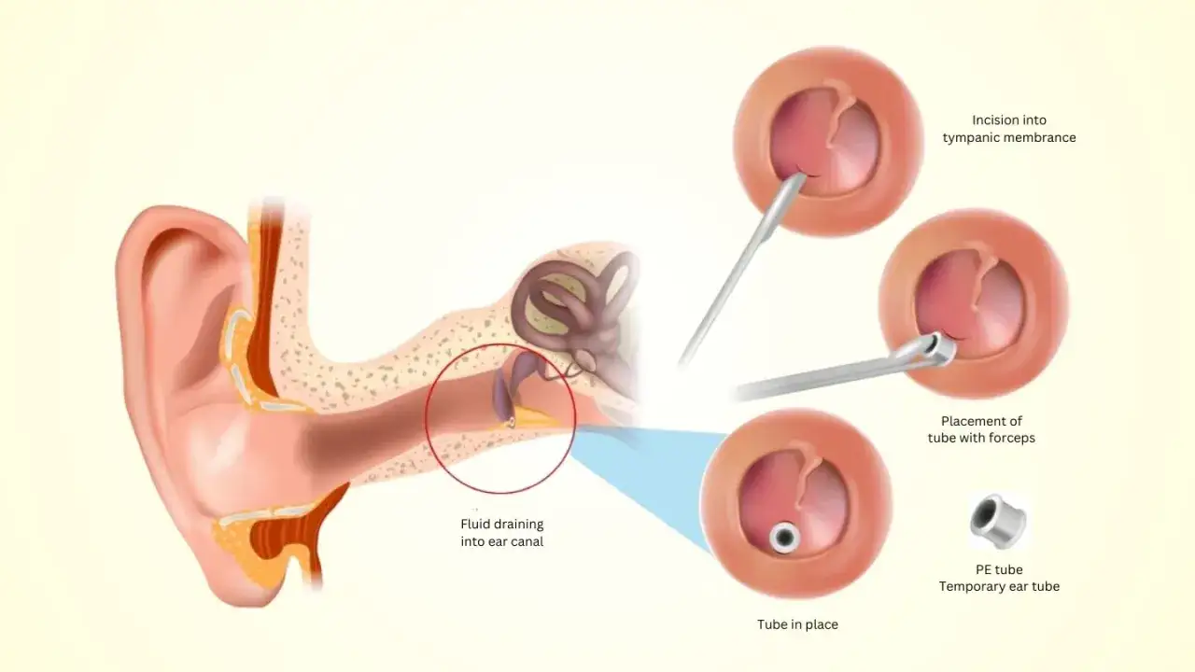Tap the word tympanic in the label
(973, 138)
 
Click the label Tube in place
(797, 624)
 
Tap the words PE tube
(999, 570)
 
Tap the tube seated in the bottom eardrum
(782, 537)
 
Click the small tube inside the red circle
(511, 422)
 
